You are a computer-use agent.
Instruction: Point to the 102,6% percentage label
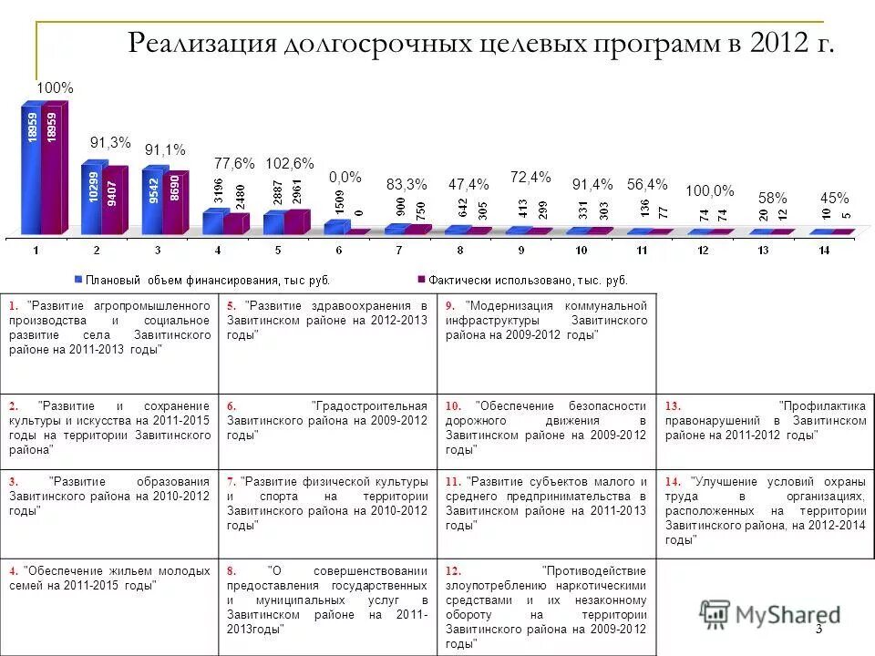coord(289,164)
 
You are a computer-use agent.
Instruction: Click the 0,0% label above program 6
coord(345,177)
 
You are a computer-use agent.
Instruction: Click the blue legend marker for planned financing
coord(78,279)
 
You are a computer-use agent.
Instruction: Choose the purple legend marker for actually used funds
coord(421,279)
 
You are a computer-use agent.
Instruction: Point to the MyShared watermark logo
coord(770,616)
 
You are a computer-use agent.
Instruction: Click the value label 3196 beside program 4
coord(218,191)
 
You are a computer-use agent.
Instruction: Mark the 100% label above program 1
coord(55,87)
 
